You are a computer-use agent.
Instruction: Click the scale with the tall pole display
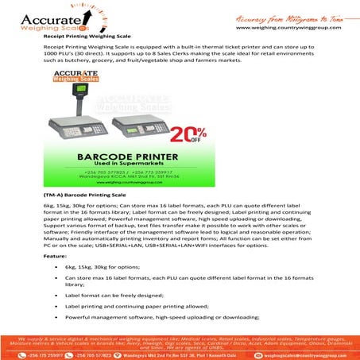pyautogui.click(x=79, y=120)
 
